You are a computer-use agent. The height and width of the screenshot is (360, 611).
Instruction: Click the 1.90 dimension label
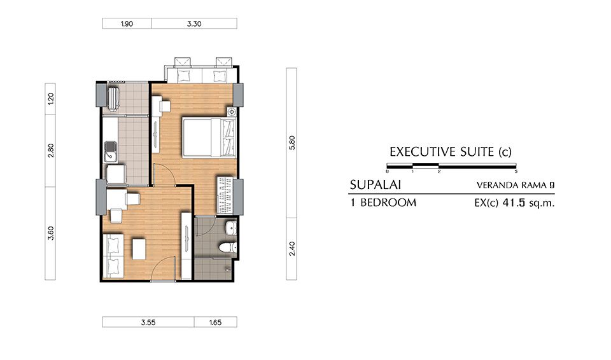[127, 24]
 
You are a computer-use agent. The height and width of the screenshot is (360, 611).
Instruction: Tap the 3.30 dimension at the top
[194, 24]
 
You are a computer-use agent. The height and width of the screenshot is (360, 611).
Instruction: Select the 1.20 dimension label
[51, 99]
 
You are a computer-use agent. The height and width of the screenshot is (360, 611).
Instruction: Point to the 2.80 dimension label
[51, 150]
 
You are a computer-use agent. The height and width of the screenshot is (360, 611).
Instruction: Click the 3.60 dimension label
[51, 233]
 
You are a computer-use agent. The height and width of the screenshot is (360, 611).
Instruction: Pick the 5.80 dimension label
[292, 142]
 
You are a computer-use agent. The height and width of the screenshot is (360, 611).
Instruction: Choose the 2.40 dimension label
[292, 249]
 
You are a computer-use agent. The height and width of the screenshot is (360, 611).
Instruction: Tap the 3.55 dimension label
[148, 322]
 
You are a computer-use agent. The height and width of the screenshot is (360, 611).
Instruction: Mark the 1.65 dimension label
[216, 322]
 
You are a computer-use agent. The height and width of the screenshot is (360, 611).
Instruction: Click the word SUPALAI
[376, 184]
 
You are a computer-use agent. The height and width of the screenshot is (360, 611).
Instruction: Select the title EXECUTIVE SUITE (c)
[451, 151]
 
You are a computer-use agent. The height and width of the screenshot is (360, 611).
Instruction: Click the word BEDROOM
[388, 203]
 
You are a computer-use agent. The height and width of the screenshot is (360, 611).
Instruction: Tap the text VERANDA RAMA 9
[515, 185]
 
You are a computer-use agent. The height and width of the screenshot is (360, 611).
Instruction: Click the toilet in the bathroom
[228, 247]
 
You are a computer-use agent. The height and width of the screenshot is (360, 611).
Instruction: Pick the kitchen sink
[110, 151]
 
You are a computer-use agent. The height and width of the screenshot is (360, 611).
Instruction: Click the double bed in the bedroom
[209, 138]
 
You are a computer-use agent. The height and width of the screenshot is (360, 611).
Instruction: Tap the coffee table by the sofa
[139, 249]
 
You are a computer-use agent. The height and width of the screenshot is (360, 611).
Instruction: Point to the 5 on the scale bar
[516, 172]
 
